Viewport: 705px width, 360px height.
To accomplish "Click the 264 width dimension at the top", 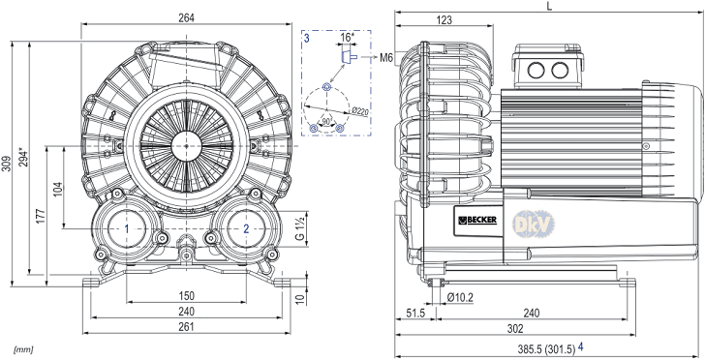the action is pos(186,17).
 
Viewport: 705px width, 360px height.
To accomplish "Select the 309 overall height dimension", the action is pos(6,165).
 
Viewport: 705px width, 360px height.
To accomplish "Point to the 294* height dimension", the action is pos(23,158).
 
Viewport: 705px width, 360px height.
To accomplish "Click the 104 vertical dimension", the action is pos(57,189).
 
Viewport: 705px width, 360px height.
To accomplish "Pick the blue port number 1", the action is pos(127,228).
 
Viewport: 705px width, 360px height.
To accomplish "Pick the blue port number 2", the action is pos(246,228).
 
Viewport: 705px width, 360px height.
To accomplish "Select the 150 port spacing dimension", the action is pos(186,296).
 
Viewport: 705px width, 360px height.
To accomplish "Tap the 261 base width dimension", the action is pos(186,327).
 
